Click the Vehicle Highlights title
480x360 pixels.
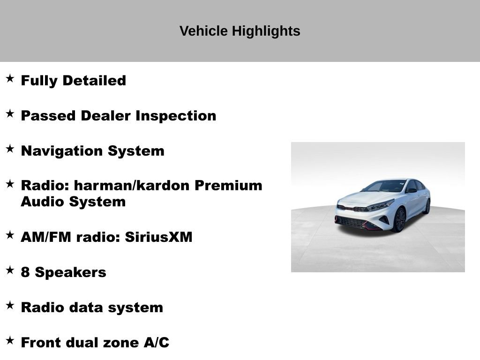240,31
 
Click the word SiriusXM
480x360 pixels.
158,237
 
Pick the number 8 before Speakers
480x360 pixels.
26,272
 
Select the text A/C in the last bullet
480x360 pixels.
157,343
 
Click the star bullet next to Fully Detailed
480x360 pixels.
10,79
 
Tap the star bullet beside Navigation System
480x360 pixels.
10,149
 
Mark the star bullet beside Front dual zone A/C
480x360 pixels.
10,341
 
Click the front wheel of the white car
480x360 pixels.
399,220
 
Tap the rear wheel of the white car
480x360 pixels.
427,206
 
